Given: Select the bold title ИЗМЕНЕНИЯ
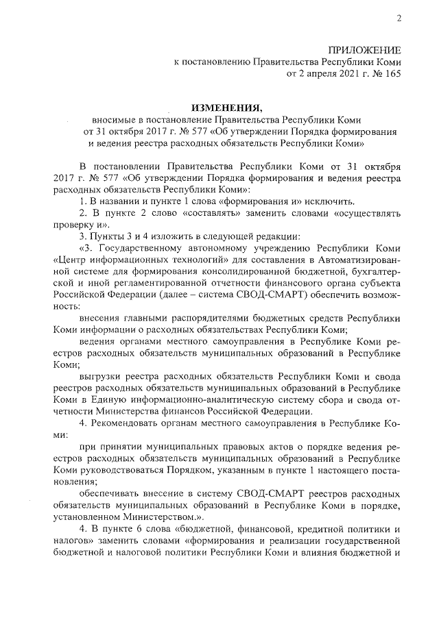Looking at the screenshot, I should pyautogui.click(x=226, y=108).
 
